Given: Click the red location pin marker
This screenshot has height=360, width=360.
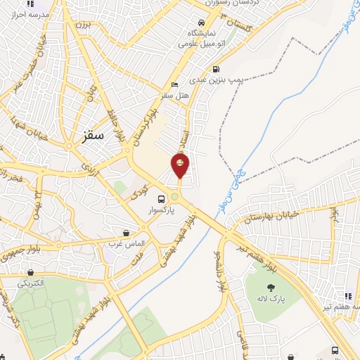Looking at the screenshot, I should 180,165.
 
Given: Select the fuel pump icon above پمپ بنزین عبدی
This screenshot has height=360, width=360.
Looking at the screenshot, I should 215,69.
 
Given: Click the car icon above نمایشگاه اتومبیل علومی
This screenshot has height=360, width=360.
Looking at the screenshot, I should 202,22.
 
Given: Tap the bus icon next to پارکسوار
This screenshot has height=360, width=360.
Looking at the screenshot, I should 162,198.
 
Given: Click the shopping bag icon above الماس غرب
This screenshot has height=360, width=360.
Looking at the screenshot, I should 126,233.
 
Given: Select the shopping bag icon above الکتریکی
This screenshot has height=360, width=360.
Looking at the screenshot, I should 31,272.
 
